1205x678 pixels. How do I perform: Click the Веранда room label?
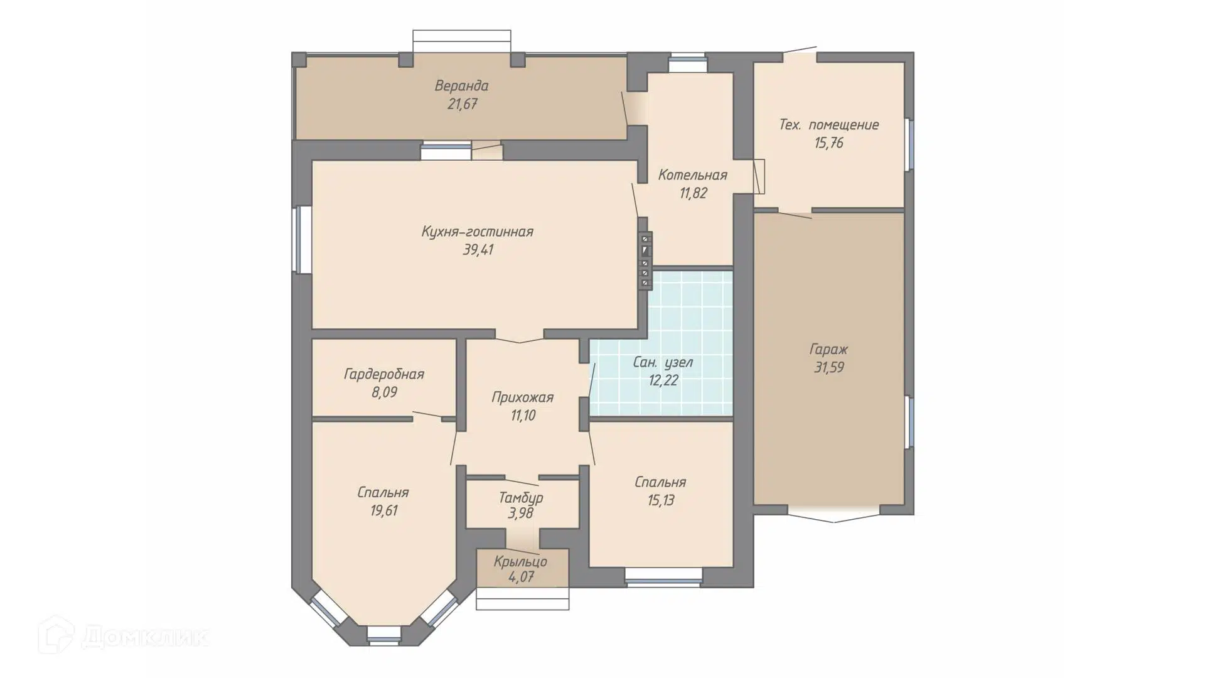click(461, 85)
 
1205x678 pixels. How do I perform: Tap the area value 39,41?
click(478, 250)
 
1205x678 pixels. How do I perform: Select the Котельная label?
click(692, 175)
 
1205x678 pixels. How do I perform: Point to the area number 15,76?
click(828, 143)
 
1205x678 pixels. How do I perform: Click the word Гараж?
click(828, 350)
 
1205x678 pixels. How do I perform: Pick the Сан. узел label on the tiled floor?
click(663, 362)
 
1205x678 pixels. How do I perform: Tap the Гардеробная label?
click(384, 375)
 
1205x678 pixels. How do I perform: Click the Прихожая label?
click(522, 397)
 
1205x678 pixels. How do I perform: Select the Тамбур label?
click(521, 498)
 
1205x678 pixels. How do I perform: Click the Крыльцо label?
click(520, 562)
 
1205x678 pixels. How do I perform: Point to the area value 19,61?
click(383, 511)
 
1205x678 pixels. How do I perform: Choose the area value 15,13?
click(660, 500)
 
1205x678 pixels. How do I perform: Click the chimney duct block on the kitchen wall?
click(645, 261)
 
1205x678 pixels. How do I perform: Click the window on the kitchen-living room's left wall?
click(303, 239)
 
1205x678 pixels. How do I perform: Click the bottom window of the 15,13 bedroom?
click(663, 577)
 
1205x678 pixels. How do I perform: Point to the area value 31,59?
click(828, 368)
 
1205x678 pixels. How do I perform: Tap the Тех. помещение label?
click(828, 125)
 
